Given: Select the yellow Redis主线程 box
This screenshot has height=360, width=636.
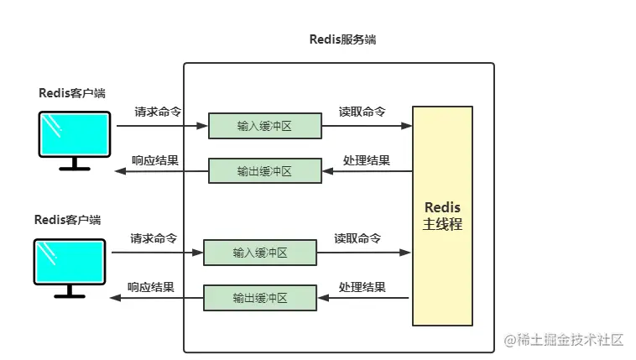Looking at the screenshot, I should coord(442,216).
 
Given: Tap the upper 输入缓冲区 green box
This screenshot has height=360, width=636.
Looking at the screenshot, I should coord(264,127).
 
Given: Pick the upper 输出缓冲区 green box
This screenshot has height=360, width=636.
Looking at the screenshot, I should coord(264,171).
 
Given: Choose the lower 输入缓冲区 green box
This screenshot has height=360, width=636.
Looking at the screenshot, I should coord(260,253).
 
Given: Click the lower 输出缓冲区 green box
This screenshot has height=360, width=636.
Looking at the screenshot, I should coord(260,298).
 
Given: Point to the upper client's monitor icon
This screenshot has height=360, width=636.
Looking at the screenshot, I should coord(75,135).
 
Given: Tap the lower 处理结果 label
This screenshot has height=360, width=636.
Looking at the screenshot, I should coord(362,287).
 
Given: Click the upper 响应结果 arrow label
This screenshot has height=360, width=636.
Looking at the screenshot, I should coord(155,160).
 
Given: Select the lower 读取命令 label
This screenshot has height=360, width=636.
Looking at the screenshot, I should coord(357,238).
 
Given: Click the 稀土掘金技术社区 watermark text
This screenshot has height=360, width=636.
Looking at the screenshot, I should coord(570,340).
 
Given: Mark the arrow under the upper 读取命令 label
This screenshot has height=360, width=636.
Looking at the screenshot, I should coord(367,127).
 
